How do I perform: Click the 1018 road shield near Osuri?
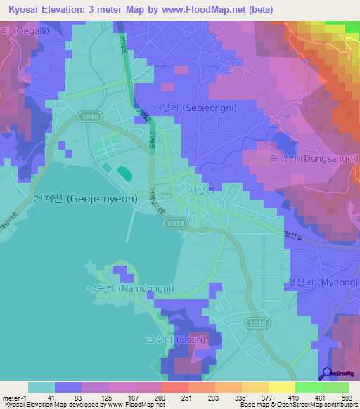click(258, 323)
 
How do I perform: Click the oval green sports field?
click(123, 171)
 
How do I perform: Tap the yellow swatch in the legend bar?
click(281, 387)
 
